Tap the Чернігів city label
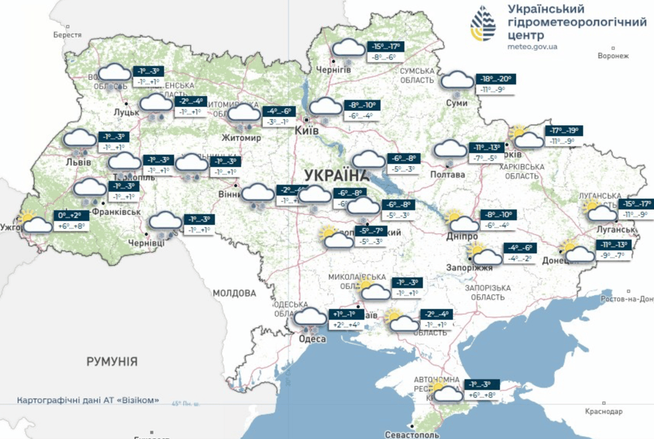(x=334, y=70)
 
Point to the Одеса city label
(x=312, y=339)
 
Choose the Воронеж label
(x=613, y=56)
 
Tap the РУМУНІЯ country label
(x=112, y=361)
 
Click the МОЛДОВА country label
(x=235, y=293)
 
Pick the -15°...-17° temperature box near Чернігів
(x=386, y=47)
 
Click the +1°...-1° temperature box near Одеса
(x=347, y=314)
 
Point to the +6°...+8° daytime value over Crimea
(x=482, y=394)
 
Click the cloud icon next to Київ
(x=326, y=106)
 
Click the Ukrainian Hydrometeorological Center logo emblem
(x=483, y=24)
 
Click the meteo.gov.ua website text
(x=532, y=46)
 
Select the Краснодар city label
(x=604, y=412)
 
